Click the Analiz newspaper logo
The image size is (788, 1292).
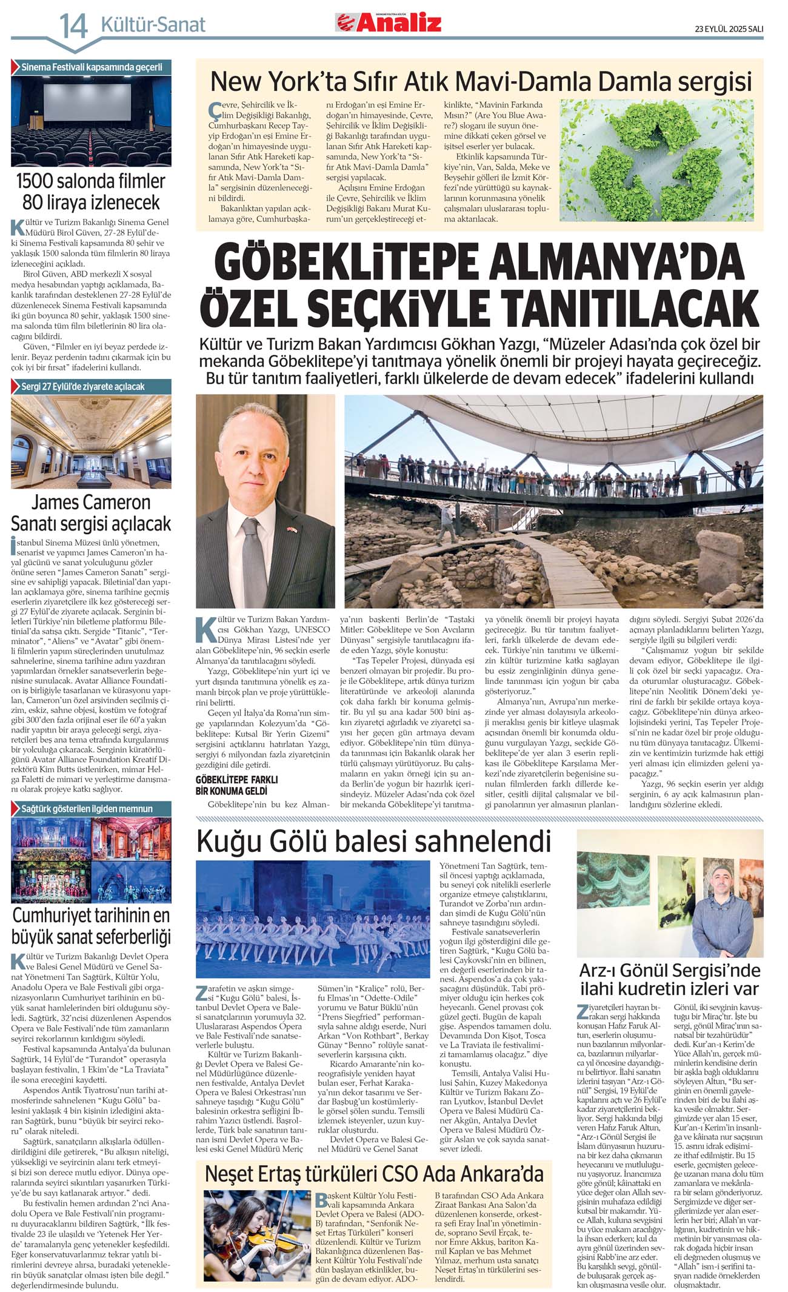coord(389,22)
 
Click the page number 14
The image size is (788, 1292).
coord(73,26)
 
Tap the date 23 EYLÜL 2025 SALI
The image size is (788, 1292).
coord(729,28)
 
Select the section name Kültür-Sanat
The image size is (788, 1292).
coord(153,25)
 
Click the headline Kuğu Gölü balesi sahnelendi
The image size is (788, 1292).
coord(373,842)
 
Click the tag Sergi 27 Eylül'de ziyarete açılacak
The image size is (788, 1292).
coord(83,387)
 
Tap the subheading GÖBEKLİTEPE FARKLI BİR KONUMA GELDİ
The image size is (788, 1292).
coord(236,785)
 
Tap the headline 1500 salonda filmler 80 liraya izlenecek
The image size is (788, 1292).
coord(91,192)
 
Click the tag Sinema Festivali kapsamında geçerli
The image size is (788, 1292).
coord(92,67)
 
